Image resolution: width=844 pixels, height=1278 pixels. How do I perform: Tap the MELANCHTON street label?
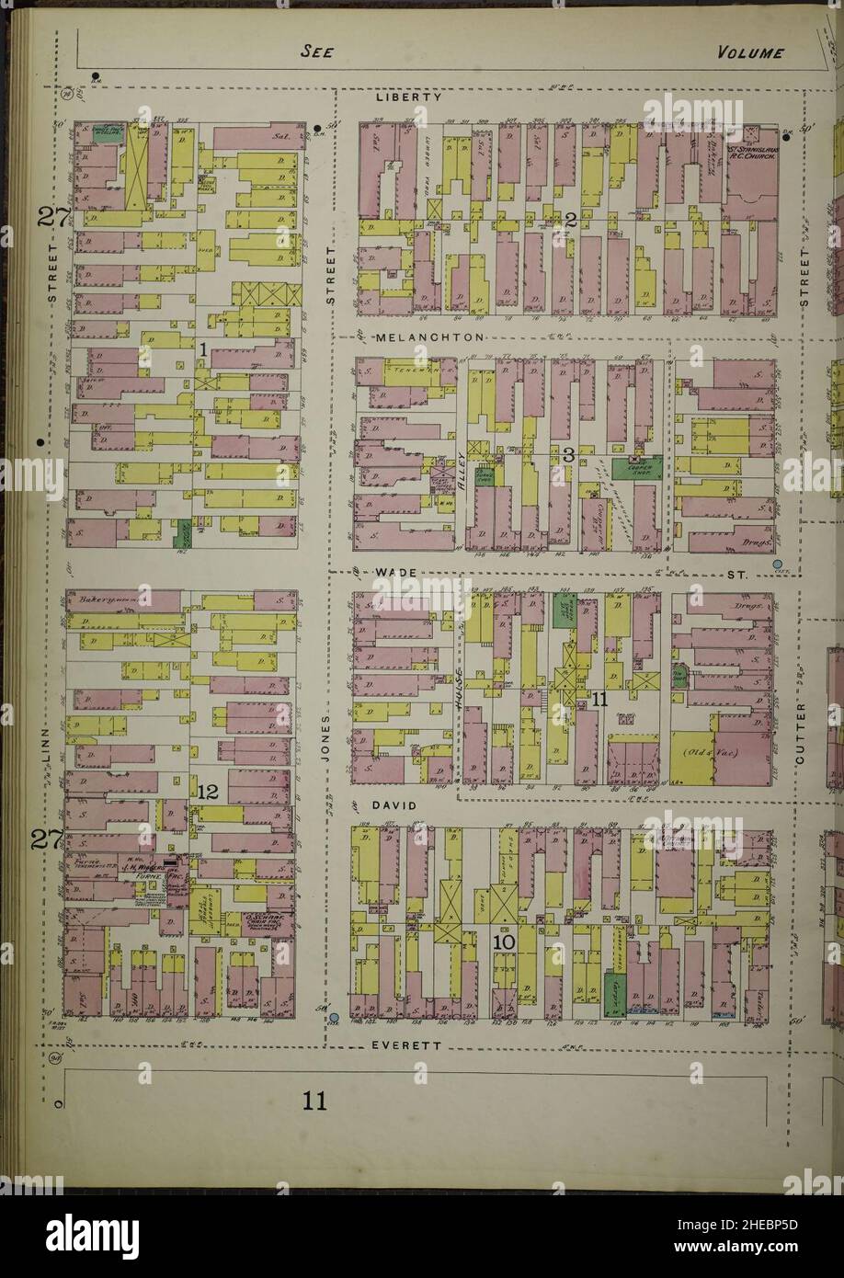[x=430, y=338]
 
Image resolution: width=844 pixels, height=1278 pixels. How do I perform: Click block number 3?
[x=569, y=453]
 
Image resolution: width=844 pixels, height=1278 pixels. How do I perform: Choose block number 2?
[x=570, y=219]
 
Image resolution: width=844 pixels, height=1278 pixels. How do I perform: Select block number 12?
[x=207, y=791]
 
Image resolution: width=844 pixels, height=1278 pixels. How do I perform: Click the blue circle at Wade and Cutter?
[x=778, y=564]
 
